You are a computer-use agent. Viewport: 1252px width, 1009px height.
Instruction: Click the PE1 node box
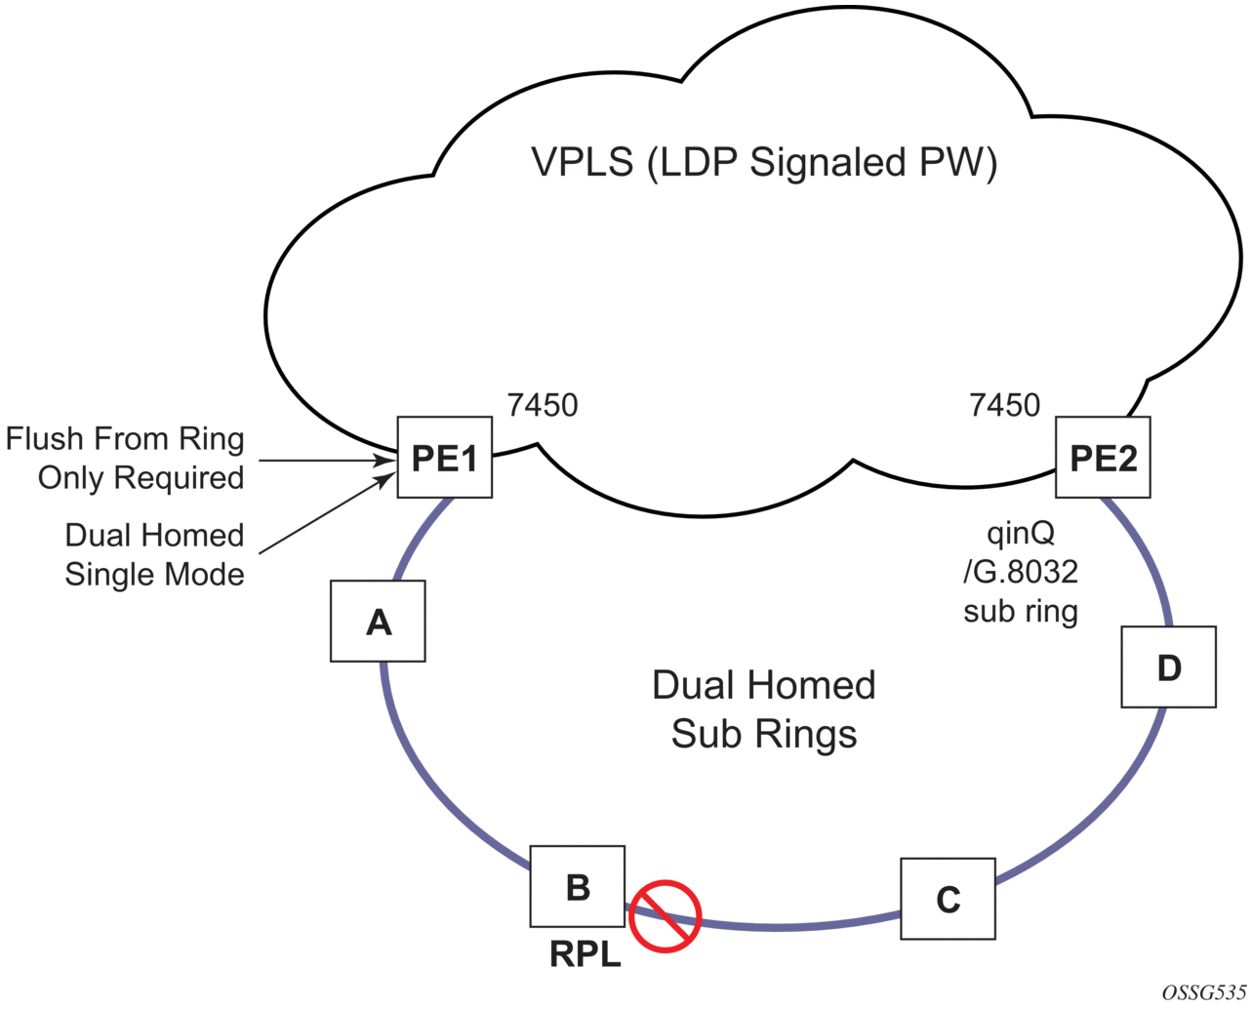point(444,458)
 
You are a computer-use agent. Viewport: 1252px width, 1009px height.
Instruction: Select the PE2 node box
point(1103,458)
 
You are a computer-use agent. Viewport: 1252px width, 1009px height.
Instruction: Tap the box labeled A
point(378,622)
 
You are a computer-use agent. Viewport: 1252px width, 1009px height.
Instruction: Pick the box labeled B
point(578,886)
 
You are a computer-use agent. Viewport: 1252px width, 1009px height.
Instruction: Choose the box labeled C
point(948,899)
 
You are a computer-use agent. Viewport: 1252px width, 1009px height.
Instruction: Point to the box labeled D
point(1168,667)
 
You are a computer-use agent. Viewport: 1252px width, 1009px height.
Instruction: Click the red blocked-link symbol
point(666,916)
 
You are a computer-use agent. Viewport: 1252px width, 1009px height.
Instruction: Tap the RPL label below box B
point(586,953)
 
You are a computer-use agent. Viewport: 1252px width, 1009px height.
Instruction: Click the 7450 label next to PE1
point(543,405)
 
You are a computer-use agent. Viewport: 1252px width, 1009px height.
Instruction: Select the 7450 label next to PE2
point(1005,405)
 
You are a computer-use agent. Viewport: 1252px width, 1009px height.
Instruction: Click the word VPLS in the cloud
point(583,162)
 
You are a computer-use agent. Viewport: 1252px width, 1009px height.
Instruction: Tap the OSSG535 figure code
point(1203,992)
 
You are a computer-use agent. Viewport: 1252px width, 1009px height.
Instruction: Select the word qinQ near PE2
point(1021,534)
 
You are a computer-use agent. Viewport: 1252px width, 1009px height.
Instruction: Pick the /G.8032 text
point(1021,572)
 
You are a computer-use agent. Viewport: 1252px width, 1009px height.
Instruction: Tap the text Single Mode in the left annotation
point(154,574)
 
